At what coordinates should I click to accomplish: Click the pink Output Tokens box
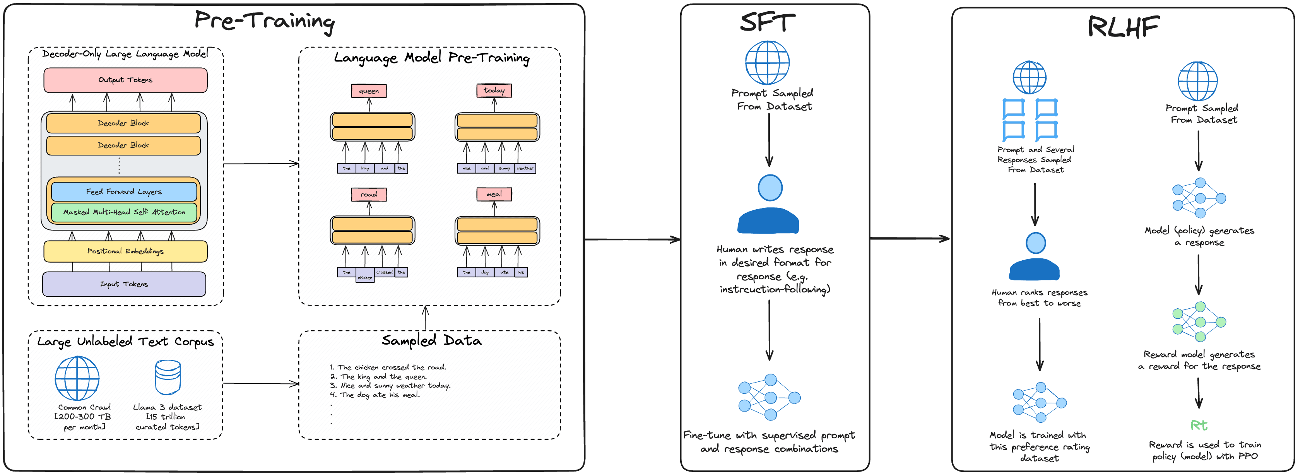click(125, 80)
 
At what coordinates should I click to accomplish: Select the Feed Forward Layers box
click(124, 191)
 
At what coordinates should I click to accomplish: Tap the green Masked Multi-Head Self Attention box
click(124, 212)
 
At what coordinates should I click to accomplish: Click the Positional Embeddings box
click(125, 251)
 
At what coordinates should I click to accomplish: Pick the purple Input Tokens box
click(124, 284)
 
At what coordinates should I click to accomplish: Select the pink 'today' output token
click(494, 90)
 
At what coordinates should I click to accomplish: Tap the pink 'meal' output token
click(494, 194)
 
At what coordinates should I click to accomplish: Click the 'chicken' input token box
click(365, 276)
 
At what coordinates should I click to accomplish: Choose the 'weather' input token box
click(525, 168)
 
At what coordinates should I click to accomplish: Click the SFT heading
click(768, 23)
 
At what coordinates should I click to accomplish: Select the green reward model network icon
click(1199, 322)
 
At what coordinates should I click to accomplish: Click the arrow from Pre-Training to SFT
click(633, 239)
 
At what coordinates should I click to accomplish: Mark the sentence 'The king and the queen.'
click(383, 377)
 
